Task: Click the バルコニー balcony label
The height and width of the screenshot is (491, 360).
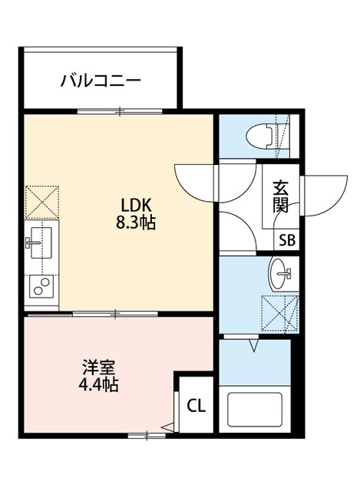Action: [x=101, y=80]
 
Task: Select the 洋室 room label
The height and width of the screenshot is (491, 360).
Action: [x=97, y=365]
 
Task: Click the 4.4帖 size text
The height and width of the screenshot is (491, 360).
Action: [x=97, y=384]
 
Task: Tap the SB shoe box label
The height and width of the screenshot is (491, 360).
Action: [x=287, y=239]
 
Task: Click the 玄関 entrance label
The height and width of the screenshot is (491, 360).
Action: [x=279, y=196]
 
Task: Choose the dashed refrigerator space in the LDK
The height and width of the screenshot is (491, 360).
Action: [x=40, y=202]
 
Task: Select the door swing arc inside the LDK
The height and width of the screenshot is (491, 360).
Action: [x=196, y=181]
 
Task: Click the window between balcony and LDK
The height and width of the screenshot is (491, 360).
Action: [x=119, y=112]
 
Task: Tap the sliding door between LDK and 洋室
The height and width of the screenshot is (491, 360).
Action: [x=115, y=312]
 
